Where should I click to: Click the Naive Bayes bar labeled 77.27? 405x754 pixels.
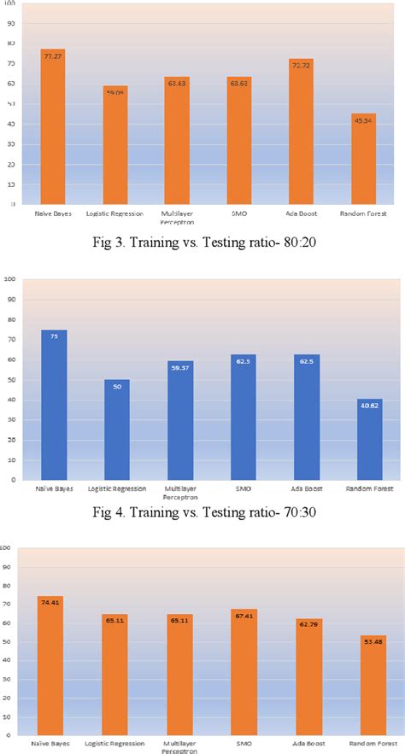click(53, 128)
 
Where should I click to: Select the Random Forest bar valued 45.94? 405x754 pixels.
click(362, 162)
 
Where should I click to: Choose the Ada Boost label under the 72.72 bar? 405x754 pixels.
click(301, 213)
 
